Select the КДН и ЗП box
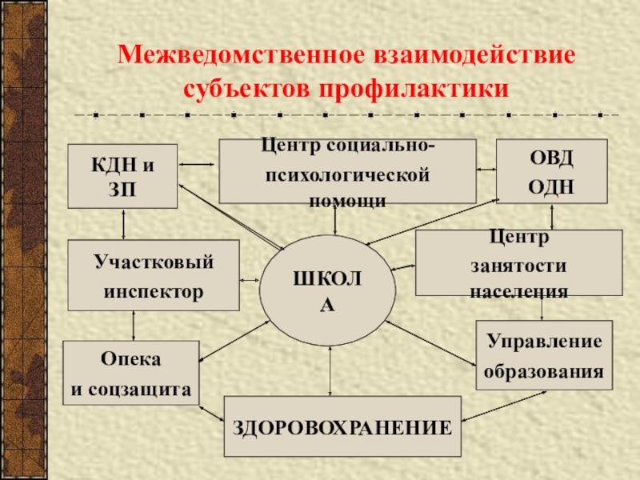click(122, 176)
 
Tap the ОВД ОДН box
click(551, 171)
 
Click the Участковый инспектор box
click(154, 275)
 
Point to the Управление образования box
click(544, 355)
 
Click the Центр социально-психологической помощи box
click(347, 171)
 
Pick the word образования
click(544, 371)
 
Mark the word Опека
click(130, 359)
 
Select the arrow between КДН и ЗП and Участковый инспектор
click(122, 224)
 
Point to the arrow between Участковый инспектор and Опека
click(133, 326)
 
